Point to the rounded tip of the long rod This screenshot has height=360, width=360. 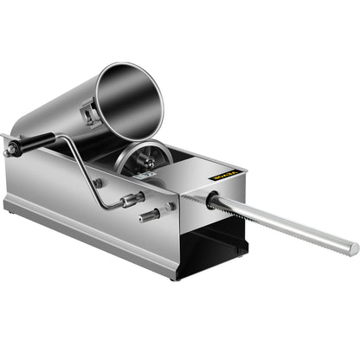353,249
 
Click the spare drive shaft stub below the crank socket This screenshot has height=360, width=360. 149,214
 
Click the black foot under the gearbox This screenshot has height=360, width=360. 235,251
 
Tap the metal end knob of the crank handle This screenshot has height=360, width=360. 10,151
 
